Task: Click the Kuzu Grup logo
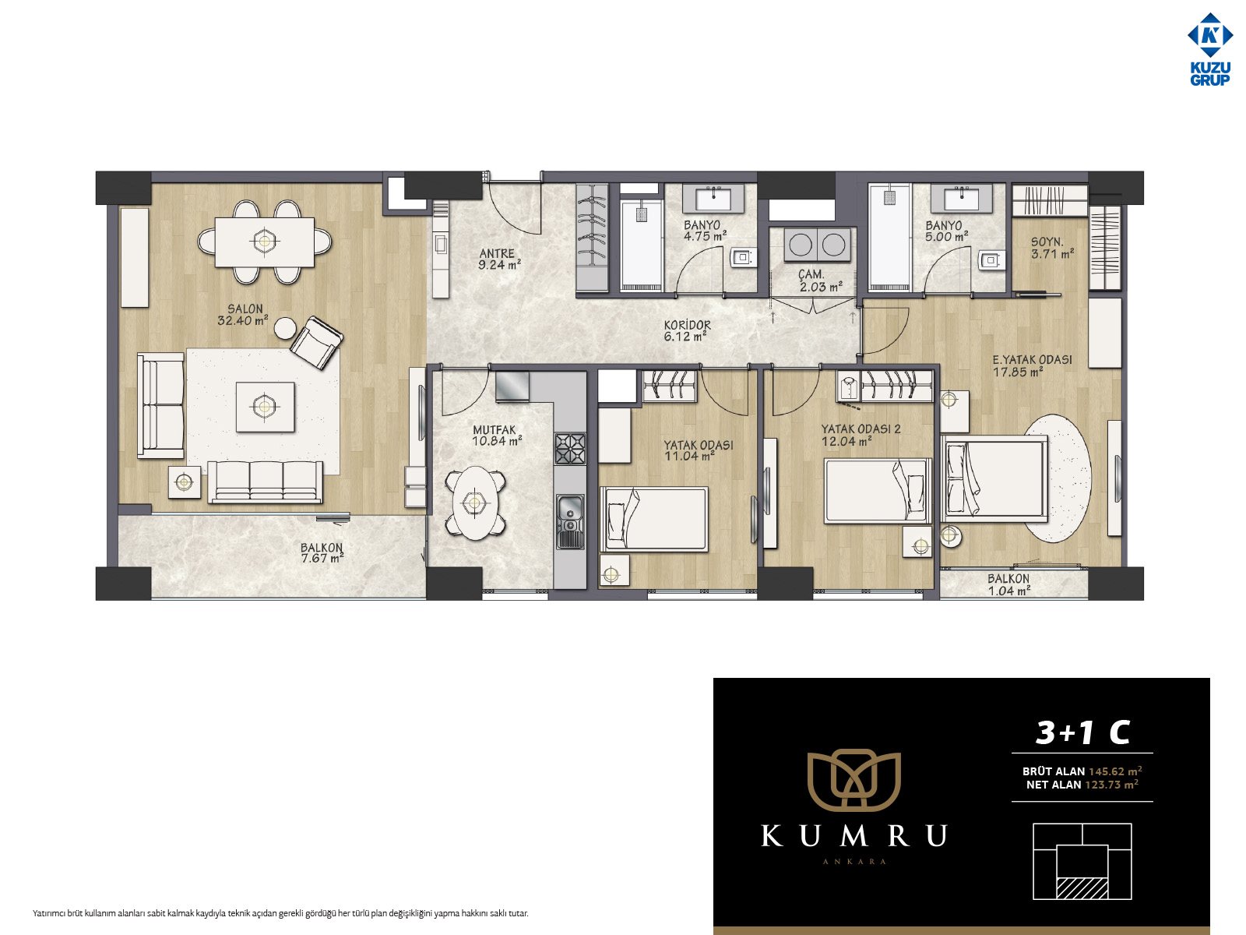tap(1209, 49)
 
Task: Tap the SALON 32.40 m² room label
tap(244, 315)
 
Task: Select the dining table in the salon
tap(265, 242)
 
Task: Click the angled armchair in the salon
tap(316, 342)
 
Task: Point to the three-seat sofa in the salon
tap(265, 482)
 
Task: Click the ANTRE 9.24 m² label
tap(499, 259)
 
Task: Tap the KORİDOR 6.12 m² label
tap(687, 330)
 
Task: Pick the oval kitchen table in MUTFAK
tap(475, 503)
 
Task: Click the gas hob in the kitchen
tap(570, 449)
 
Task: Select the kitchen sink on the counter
tap(570, 522)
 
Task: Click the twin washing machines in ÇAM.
tap(817, 245)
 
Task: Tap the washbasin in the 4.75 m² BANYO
tap(713, 199)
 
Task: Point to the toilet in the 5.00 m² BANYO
tap(991, 260)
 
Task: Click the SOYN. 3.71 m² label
tap(1052, 248)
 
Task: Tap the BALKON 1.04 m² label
tap(1008, 584)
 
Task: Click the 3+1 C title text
tap(1082, 733)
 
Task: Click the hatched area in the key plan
tap(1082, 889)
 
